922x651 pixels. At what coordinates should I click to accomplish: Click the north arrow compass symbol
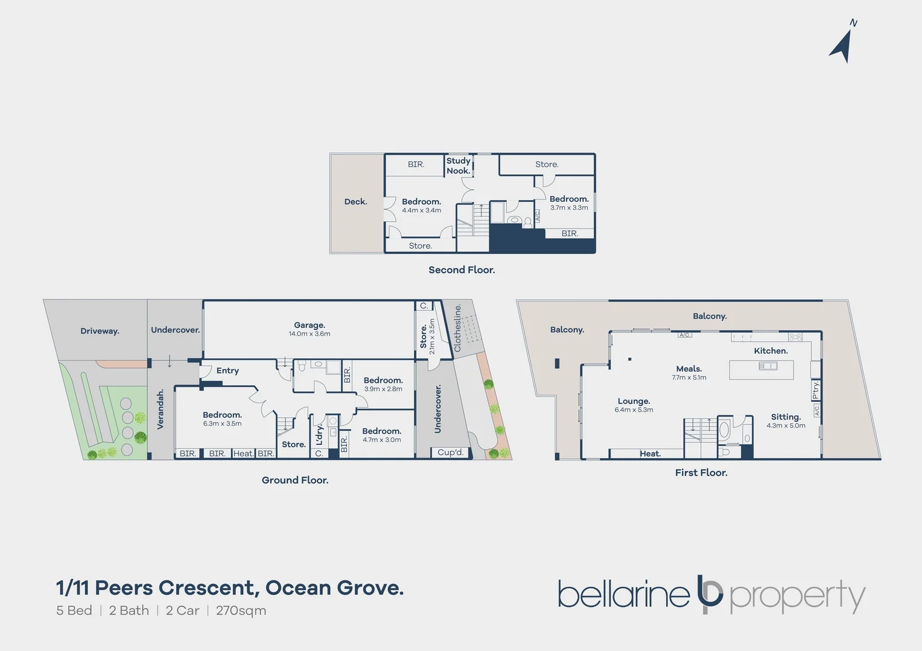(x=842, y=43)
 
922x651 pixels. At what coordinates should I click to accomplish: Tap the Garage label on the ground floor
(x=310, y=325)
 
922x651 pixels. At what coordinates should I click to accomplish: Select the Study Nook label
(x=458, y=166)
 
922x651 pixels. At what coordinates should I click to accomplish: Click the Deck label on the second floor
(x=355, y=202)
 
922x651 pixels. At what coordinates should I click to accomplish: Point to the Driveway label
(x=100, y=331)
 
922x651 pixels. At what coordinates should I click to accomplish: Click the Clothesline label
(x=457, y=328)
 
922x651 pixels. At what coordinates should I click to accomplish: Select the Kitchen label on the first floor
(x=771, y=351)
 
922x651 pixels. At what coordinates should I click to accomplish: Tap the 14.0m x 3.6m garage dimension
(x=310, y=334)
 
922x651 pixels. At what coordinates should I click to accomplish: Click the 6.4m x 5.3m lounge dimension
(x=634, y=410)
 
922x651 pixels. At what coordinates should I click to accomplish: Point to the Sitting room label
(x=786, y=417)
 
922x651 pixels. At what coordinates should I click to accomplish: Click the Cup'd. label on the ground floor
(x=450, y=453)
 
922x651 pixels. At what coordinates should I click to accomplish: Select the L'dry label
(x=319, y=433)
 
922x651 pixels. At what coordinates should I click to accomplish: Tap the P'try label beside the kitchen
(x=816, y=390)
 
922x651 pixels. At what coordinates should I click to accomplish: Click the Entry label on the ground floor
(x=227, y=371)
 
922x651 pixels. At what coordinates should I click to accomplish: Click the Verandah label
(x=161, y=409)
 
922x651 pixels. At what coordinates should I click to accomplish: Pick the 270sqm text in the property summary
(x=241, y=611)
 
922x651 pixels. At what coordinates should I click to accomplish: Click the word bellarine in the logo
(x=623, y=595)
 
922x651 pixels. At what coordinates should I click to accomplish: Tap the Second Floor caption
(x=462, y=270)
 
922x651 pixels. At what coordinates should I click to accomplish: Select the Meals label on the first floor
(x=688, y=369)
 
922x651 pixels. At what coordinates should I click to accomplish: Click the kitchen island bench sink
(x=768, y=366)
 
